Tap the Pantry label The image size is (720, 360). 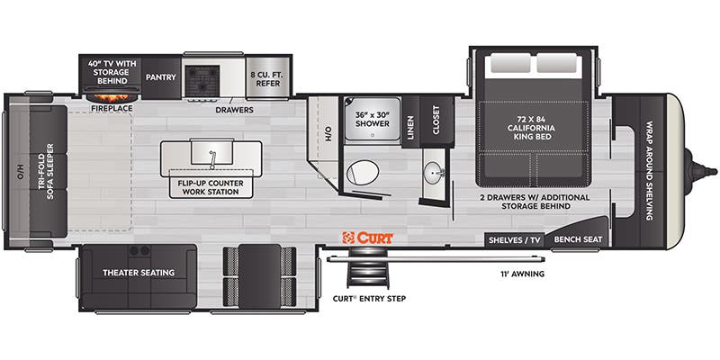click(x=160, y=77)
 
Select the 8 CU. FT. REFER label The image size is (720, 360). click(x=269, y=77)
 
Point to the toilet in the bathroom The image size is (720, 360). click(x=365, y=171)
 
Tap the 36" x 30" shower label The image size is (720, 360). click(x=372, y=119)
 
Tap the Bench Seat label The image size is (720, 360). click(x=578, y=240)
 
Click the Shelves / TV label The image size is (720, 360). click(x=514, y=240)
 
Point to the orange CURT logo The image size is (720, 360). click(x=366, y=238)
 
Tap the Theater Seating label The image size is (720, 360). click(x=138, y=273)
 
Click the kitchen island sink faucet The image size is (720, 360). click(x=212, y=158)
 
